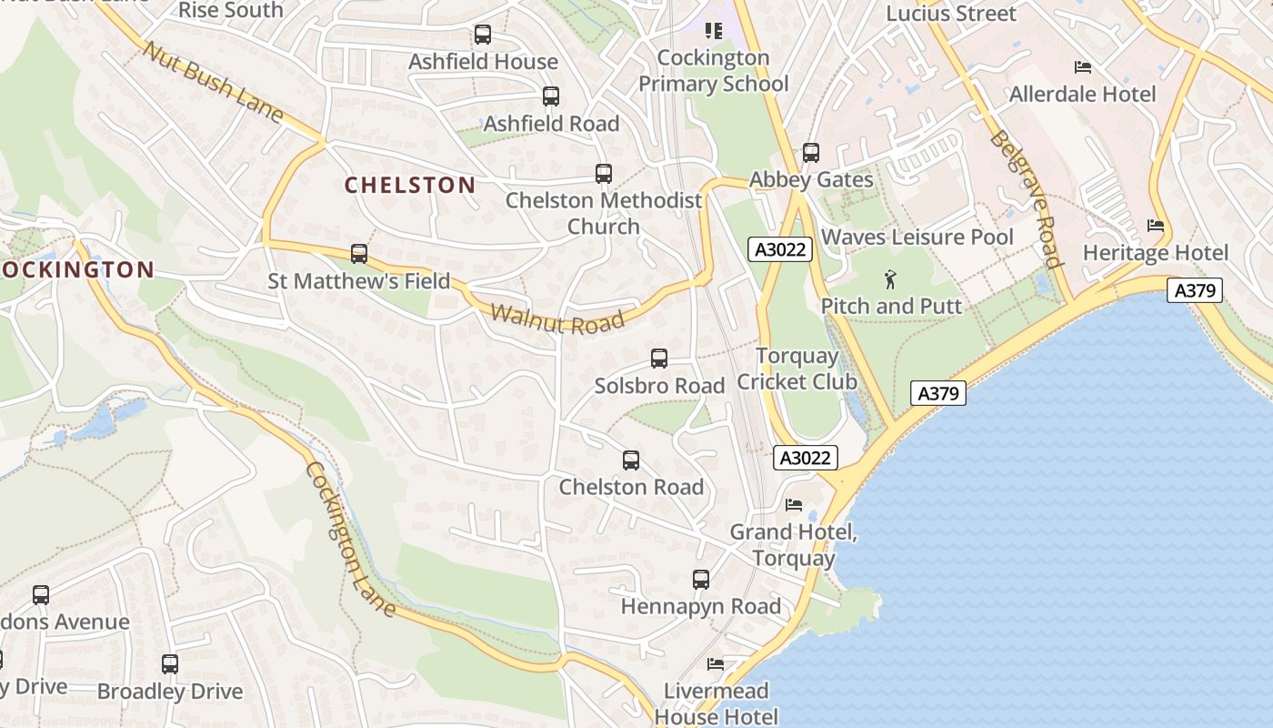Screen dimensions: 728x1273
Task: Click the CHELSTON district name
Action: (410, 185)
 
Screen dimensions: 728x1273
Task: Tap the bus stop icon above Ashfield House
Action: (483, 35)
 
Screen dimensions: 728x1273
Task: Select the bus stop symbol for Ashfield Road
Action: (550, 96)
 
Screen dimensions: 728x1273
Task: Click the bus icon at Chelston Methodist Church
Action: (603, 173)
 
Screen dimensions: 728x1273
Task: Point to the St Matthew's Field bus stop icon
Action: (359, 254)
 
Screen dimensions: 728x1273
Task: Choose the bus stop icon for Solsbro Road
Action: (659, 359)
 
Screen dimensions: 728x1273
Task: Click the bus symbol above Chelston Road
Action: (631, 460)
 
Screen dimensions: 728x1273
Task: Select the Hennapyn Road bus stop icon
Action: (700, 580)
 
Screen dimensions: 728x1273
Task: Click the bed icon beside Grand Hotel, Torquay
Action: (794, 505)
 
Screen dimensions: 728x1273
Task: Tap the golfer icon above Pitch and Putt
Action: (890, 279)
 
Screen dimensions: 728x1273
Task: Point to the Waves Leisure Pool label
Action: (917, 238)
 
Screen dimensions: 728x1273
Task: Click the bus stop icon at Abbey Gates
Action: (811, 153)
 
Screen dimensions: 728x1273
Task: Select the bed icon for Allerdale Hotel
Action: (1082, 67)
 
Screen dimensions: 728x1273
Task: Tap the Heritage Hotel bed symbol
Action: (1156, 226)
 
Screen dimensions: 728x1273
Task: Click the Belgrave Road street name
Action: (1027, 199)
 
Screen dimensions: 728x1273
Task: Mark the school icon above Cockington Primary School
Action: (714, 32)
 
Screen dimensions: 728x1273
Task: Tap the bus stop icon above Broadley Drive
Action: (170, 664)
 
